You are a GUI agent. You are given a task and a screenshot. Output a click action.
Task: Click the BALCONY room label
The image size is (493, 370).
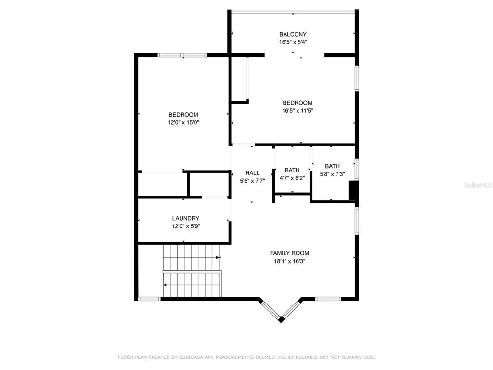[293, 34]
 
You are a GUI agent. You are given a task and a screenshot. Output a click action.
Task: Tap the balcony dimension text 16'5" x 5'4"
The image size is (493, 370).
[293, 42]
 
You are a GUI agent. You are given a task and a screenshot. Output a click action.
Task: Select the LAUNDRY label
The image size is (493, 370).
[185, 218]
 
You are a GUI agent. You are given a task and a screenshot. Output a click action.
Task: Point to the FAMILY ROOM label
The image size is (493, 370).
[289, 253]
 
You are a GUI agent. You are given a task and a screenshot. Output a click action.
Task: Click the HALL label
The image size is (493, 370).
[252, 173]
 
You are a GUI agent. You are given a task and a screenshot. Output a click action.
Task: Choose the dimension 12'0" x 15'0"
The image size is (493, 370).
[183, 123]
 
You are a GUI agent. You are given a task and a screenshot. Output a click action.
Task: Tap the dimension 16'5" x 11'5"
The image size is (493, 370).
[298, 111]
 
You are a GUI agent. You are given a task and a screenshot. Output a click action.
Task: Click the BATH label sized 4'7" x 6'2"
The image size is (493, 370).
[292, 170]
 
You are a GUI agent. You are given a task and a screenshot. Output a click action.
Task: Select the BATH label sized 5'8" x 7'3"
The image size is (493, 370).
[332, 166]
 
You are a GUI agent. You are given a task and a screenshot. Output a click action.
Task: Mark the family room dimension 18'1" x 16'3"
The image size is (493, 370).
[289, 261]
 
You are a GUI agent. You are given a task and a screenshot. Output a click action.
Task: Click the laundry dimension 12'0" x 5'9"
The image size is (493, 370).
[186, 226]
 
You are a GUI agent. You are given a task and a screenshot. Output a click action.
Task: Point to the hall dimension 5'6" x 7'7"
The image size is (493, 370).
[252, 181]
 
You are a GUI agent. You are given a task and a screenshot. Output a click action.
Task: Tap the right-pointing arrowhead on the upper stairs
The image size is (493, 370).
[218, 257]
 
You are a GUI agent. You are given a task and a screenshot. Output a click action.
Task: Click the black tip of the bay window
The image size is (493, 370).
[281, 320]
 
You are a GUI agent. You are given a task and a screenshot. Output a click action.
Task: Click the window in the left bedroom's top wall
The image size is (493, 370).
[182, 55]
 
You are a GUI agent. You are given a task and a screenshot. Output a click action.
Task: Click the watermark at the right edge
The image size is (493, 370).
[478, 185]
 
